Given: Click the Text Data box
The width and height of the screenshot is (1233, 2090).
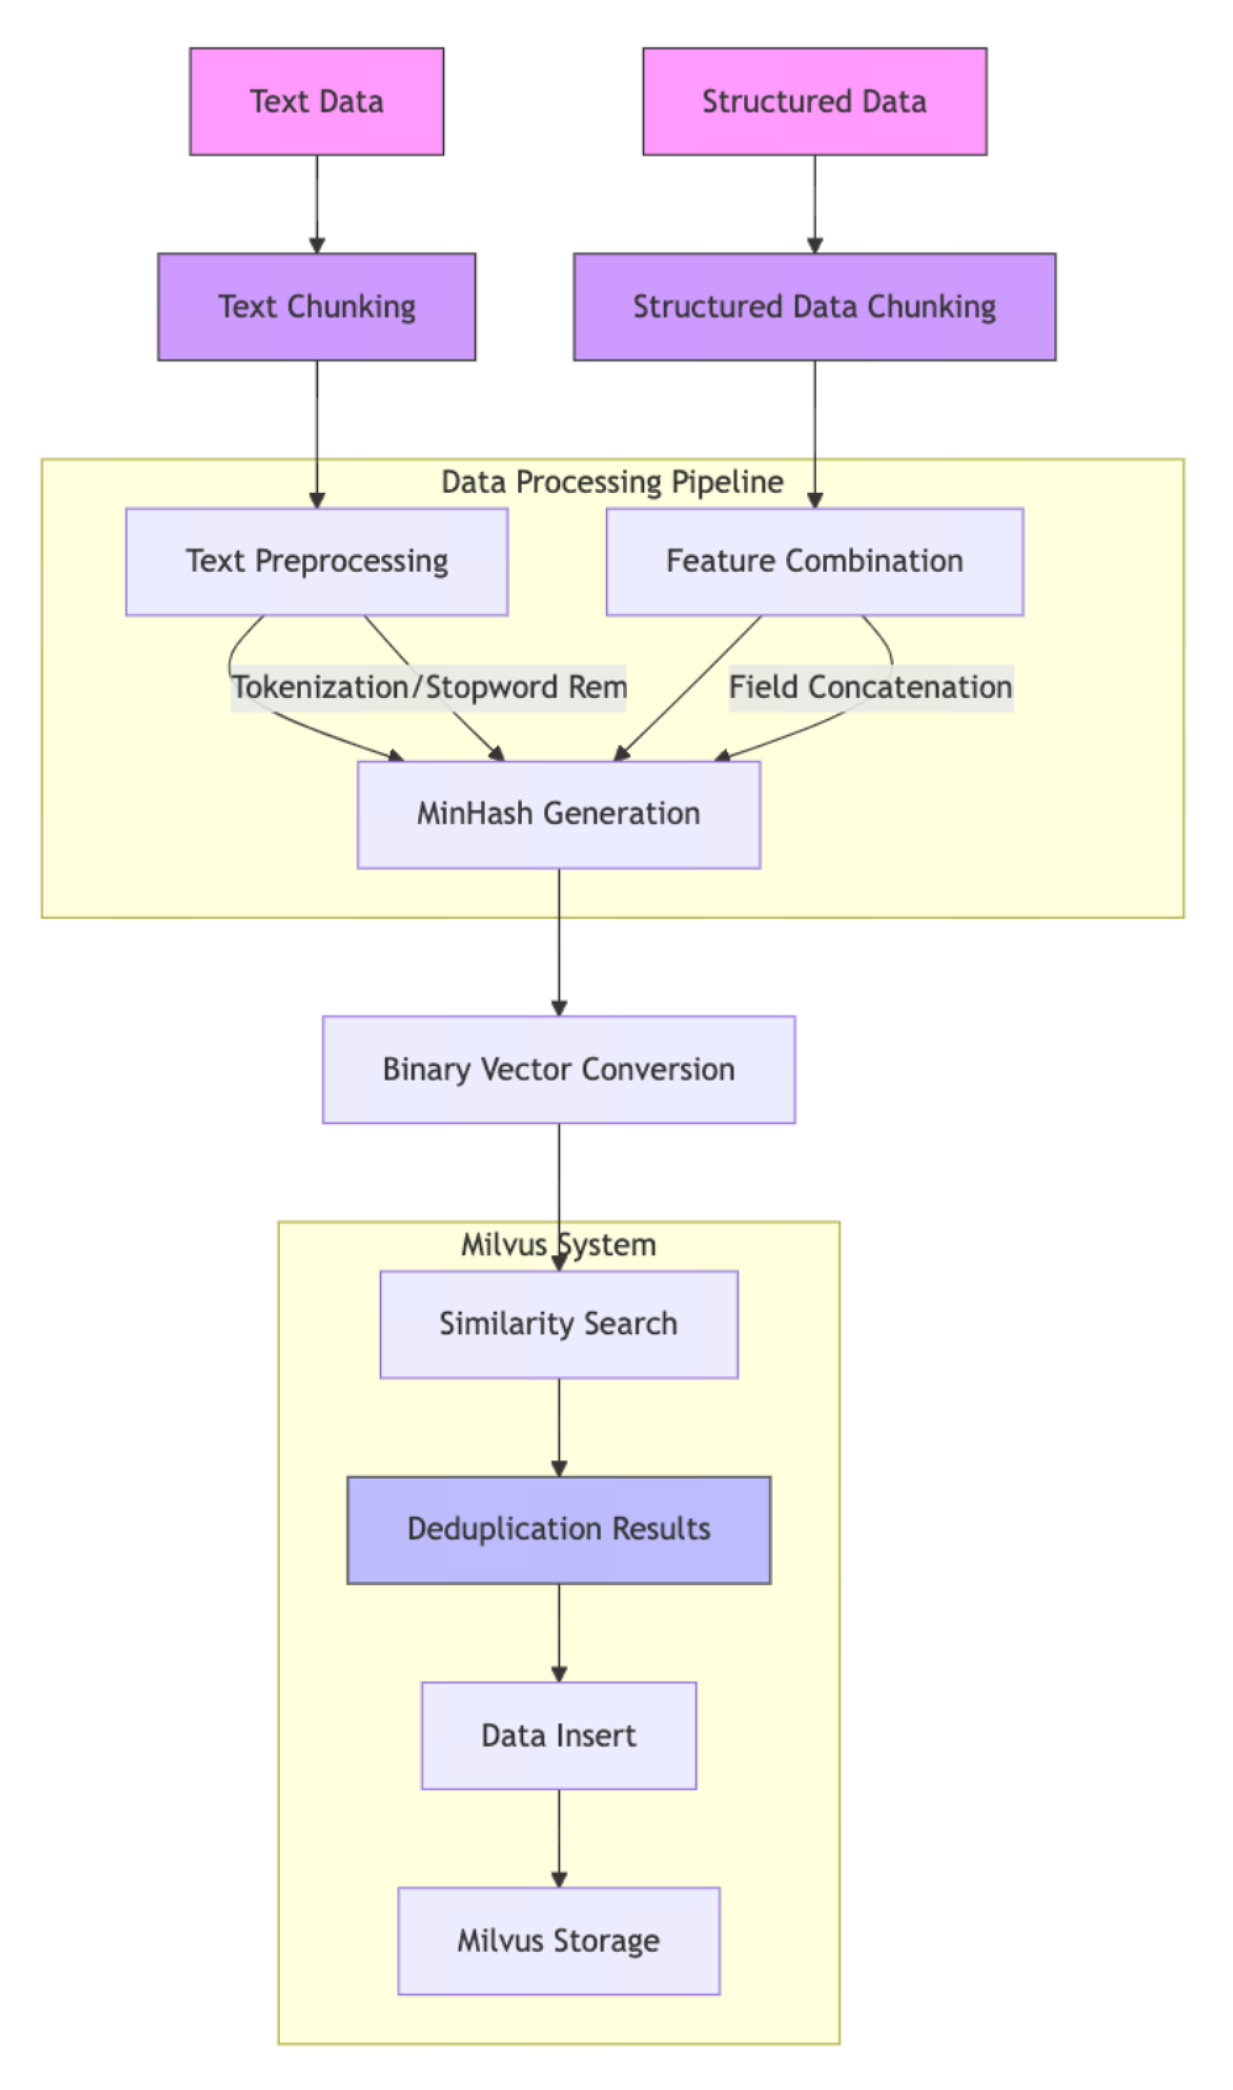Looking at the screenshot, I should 317,101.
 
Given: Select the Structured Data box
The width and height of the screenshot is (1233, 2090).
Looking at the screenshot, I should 814,101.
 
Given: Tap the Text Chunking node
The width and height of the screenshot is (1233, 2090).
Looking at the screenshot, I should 317,306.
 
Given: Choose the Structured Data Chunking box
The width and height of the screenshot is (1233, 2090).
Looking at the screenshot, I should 814,306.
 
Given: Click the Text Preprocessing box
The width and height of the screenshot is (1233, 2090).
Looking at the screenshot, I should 317,561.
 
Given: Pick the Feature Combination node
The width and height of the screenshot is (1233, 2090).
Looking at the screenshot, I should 814,561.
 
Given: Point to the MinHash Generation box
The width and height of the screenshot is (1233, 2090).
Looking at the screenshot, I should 559,814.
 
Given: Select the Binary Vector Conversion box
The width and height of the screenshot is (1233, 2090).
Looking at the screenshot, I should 559,1069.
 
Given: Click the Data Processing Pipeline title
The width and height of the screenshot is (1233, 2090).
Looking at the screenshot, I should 613,482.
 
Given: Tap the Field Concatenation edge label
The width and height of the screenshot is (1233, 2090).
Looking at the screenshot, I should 871,688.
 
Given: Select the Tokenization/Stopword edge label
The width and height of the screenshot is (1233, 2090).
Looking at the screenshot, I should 429,688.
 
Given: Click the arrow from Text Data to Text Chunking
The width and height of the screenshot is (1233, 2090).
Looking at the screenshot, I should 317,204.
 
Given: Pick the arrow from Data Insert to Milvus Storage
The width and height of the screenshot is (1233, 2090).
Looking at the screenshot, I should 559,1838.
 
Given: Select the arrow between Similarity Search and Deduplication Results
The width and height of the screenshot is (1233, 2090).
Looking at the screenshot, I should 559,1426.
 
